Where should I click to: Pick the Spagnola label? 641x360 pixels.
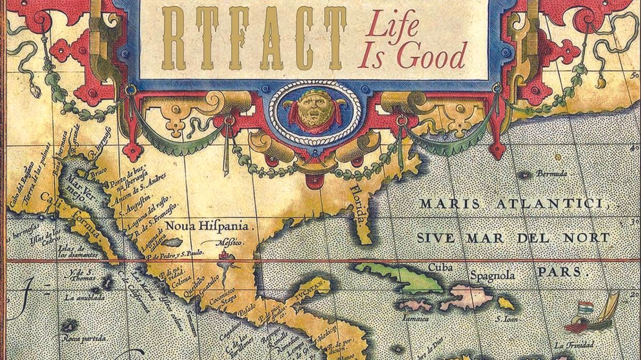pos(493,276)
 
